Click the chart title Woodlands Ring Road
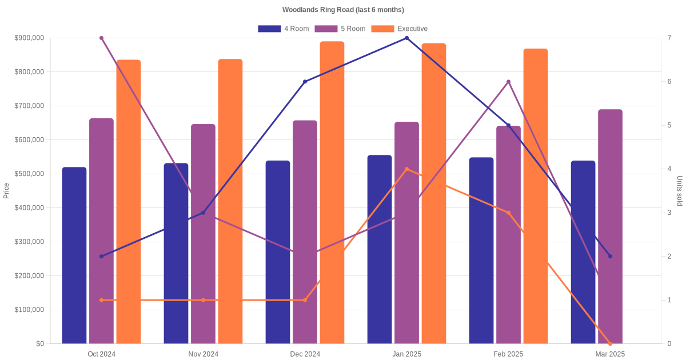tap(343, 10)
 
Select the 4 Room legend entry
tap(284, 29)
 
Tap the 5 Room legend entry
tap(340, 29)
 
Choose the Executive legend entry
tap(400, 29)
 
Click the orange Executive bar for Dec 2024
tap(332, 193)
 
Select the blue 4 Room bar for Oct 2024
tap(74, 255)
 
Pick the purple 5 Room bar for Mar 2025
tap(610, 226)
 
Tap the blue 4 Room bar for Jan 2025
tap(380, 250)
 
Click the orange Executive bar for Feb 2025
tap(535, 196)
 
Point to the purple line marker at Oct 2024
tap(101, 38)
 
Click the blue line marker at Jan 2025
tap(406, 38)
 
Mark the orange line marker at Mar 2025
tap(610, 344)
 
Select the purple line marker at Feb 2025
tap(508, 82)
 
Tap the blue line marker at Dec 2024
tap(305, 82)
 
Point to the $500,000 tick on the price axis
tap(29, 174)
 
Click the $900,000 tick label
tap(29, 38)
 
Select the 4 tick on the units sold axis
tap(669, 169)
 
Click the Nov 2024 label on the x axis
tap(204, 354)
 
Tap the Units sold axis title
tap(679, 191)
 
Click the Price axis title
tap(6, 191)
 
